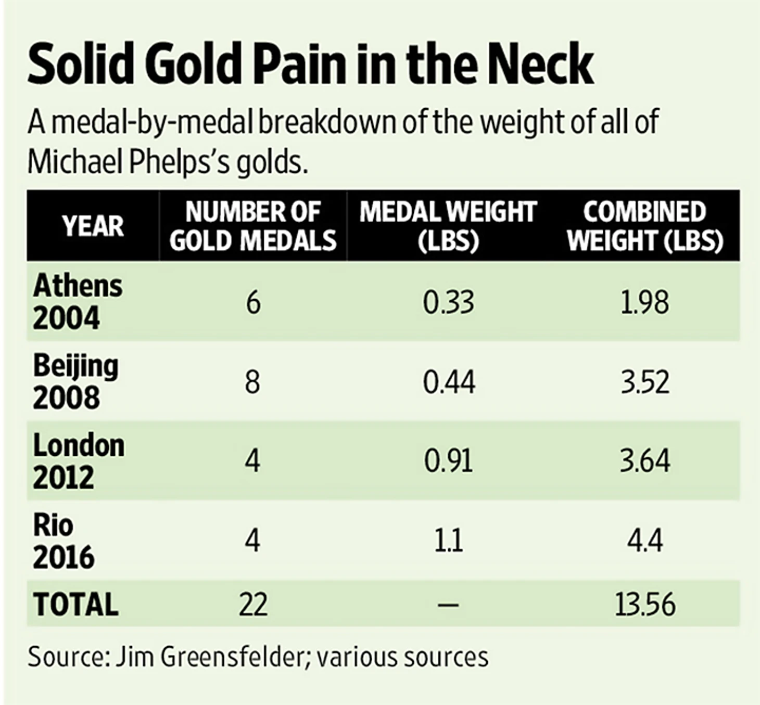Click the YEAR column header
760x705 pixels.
93,226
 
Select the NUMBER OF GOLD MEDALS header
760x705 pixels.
253,226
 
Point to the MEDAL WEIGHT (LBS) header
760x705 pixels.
448,226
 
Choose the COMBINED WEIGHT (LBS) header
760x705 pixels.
645,226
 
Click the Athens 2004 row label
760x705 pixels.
78,302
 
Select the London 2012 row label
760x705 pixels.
79,461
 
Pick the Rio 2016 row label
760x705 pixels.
64,541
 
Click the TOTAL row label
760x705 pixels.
76,604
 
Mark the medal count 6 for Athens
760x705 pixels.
253,302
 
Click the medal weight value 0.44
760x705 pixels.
449,382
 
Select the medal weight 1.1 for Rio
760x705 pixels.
449,541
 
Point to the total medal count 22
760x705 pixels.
253,605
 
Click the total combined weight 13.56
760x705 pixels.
645,605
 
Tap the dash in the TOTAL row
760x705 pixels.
449,605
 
